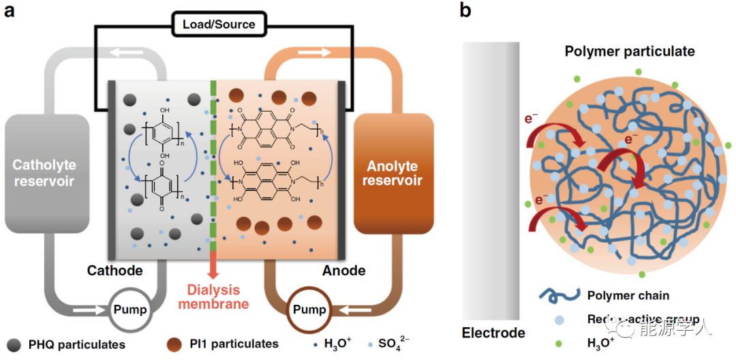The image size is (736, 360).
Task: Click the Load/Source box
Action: tap(219, 25)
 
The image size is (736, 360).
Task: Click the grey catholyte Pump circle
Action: tap(130, 310)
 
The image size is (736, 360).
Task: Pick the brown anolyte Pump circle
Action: tap(308, 310)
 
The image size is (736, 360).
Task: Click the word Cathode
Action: tap(114, 270)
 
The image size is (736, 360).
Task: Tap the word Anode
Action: tap(343, 270)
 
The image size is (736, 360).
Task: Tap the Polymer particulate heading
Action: tap(630, 52)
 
